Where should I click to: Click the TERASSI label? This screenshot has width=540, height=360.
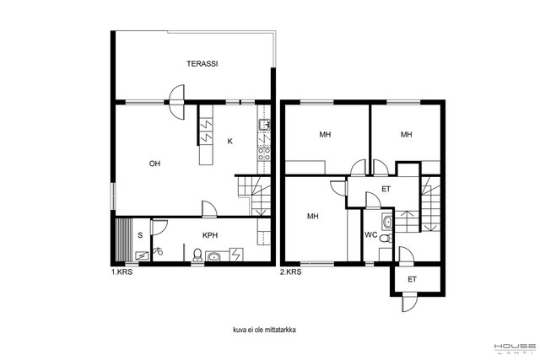[x=202, y=64]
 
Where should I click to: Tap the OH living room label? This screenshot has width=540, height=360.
[x=154, y=164]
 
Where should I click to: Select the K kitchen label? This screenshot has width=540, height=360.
[x=230, y=141]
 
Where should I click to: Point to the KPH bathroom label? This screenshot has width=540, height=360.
[x=210, y=235]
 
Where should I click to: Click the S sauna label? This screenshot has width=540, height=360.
[x=140, y=235]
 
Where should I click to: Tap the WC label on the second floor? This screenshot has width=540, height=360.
[x=371, y=235]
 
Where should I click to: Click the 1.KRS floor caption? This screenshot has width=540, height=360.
[x=121, y=271]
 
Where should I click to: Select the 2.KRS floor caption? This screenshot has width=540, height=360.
[x=290, y=271]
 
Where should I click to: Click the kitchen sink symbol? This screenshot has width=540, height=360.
[x=264, y=125]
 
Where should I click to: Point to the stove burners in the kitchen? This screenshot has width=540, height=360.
[x=264, y=153]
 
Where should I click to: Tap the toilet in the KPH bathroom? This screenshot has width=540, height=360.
[x=197, y=255]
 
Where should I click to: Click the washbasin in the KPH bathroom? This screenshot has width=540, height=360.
[x=214, y=256]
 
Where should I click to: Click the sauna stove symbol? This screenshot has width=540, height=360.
[x=143, y=255]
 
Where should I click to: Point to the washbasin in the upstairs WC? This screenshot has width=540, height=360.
[x=387, y=222]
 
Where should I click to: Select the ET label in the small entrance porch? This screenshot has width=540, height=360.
[x=413, y=279]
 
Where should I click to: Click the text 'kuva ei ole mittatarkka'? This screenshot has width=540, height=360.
[x=264, y=330]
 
